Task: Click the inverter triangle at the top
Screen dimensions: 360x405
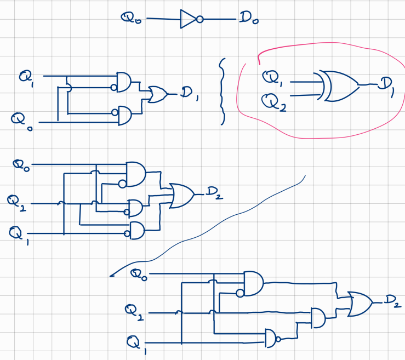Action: tap(187, 20)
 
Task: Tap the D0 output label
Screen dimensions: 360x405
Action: tap(248, 20)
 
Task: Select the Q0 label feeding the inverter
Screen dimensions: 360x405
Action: tap(132, 19)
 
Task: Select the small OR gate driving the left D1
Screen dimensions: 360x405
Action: tap(158, 94)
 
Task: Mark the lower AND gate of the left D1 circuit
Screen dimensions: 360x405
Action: tap(124, 115)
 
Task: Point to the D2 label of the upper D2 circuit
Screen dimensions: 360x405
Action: tap(214, 193)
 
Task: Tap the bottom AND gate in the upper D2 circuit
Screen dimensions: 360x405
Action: tap(135, 230)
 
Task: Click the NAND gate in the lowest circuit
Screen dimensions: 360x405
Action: tap(272, 338)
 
